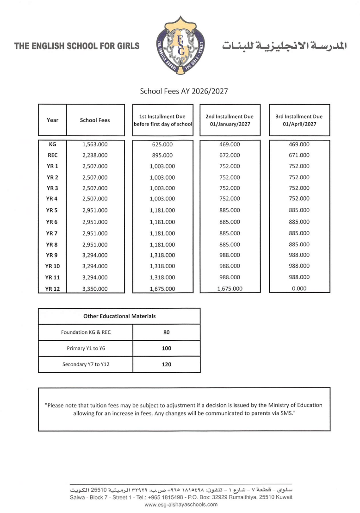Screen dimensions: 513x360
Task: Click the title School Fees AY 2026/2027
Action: click(x=184, y=91)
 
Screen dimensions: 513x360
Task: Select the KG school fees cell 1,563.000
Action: click(x=95, y=144)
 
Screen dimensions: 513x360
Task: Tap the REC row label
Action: click(x=52, y=156)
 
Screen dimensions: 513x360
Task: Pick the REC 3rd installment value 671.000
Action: click(x=299, y=156)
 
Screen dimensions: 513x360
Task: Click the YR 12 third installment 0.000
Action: click(x=299, y=288)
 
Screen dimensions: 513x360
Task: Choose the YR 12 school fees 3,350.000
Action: click(x=95, y=288)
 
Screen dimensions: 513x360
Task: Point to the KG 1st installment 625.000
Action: click(x=162, y=144)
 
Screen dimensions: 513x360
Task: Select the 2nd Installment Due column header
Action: click(x=230, y=120)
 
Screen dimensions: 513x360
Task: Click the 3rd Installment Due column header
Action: click(x=299, y=120)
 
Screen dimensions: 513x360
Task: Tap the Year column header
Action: click(x=53, y=120)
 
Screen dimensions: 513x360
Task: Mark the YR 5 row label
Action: click(x=51, y=211)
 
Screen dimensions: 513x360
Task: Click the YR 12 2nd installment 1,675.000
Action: click(x=230, y=288)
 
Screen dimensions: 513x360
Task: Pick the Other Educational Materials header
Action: click(x=119, y=316)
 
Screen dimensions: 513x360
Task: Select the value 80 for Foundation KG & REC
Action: click(x=167, y=332)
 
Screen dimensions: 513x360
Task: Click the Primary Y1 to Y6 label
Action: click(x=86, y=348)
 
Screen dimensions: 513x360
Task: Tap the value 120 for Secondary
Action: click(x=167, y=364)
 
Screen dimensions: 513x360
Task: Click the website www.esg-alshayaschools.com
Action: click(x=181, y=505)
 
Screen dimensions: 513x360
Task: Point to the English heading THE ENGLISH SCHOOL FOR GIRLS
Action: click(x=77, y=46)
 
